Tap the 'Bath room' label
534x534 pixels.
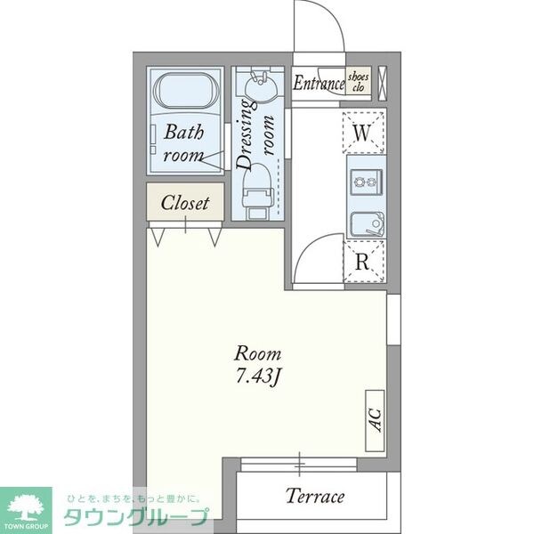pos(184,142)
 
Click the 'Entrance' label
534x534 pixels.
pos(319,85)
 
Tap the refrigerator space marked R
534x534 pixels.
pos(361,262)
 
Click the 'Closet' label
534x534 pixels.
pos(185,203)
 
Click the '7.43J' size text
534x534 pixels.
pos(258,376)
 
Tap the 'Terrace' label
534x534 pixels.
pos(314,496)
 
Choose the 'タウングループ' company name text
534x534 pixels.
pos(133,517)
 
